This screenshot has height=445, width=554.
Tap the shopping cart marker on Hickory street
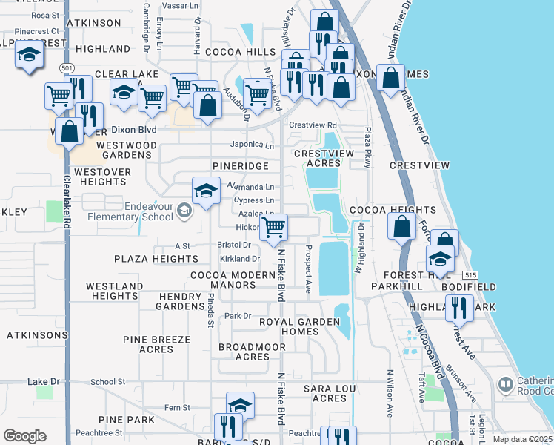click(274, 228)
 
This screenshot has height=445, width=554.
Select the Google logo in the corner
click(24, 436)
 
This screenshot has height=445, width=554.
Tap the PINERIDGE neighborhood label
click(239, 165)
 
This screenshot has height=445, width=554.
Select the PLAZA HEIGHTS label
click(156, 259)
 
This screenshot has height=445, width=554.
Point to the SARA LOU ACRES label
click(325, 393)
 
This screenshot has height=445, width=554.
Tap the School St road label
click(108, 382)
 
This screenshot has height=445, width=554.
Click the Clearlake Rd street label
click(66, 200)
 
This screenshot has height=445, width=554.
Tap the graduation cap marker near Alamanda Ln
click(206, 191)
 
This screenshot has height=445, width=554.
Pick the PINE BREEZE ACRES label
click(156, 345)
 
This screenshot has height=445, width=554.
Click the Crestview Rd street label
click(313, 125)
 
